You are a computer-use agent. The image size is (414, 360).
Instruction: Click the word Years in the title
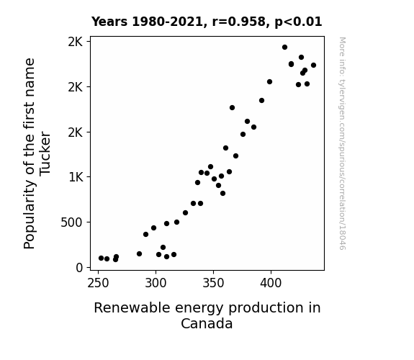pos(109,22)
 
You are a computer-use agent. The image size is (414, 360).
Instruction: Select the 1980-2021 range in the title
pos(167,22)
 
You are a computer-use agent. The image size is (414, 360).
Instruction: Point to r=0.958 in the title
pos(239,22)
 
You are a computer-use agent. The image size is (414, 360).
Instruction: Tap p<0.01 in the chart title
pos(298,22)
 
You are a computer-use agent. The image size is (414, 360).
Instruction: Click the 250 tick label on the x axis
pos(98,283)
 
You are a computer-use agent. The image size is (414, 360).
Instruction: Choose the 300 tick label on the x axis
pos(156,283)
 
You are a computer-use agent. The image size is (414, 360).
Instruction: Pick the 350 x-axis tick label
pos(213,283)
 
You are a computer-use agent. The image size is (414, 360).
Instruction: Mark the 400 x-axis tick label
pos(271,283)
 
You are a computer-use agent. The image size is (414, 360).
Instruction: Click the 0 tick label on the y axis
pos(79,268)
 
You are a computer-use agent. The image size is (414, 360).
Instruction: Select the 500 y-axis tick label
pos(71,222)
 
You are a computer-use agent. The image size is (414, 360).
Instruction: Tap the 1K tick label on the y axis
pos(76,177)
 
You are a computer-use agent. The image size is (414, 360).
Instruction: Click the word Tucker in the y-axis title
pos(45,153)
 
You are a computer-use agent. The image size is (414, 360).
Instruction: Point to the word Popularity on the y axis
pos(30,215)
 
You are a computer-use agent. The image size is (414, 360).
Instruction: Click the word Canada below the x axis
pos(207,323)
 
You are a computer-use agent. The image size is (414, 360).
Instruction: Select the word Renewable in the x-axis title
pos(132,307)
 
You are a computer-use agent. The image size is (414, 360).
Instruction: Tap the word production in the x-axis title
pos(266,308)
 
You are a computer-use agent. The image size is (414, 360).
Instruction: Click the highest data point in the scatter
pos(284,48)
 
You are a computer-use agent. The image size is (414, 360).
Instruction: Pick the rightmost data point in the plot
pos(313,66)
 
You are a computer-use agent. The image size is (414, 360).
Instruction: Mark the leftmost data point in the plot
pos(101,258)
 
